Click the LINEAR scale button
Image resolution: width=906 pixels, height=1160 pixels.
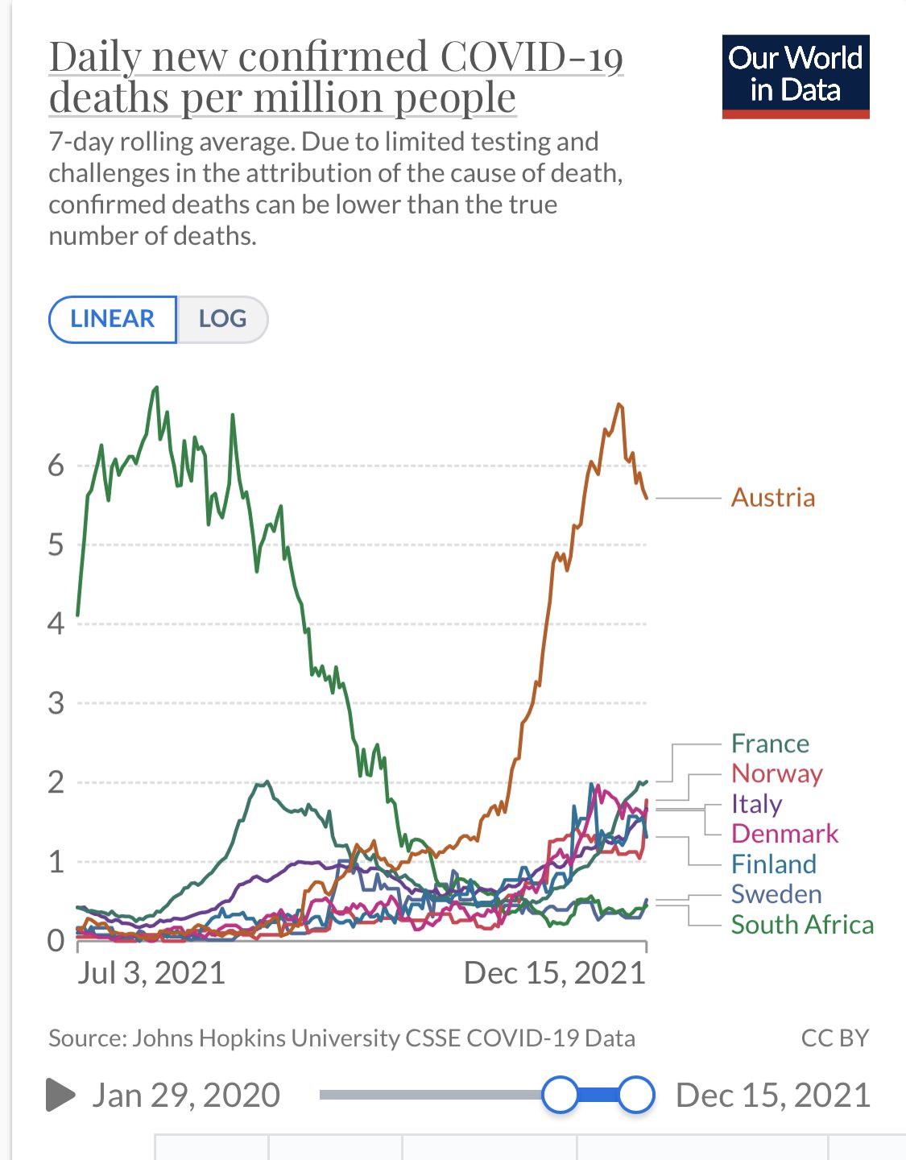[113, 319]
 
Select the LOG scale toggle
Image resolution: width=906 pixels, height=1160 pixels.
[222, 319]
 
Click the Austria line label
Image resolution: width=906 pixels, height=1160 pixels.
[772, 498]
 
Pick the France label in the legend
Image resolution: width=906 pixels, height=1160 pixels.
[770, 743]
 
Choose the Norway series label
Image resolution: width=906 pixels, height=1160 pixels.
[776, 773]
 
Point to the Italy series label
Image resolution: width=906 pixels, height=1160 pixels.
[756, 803]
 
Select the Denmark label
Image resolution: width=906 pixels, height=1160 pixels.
[784, 834]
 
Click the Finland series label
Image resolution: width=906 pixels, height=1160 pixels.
[773, 864]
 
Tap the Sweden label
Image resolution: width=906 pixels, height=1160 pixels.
[776, 894]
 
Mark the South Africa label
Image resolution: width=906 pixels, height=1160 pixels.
[802, 925]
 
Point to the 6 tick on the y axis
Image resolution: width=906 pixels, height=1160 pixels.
[56, 465]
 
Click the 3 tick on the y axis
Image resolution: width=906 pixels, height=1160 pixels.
[56, 703]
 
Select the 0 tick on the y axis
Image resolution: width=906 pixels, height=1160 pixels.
[56, 940]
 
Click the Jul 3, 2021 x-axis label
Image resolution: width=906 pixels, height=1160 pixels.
[151, 973]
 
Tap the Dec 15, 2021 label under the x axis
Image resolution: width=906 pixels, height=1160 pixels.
[554, 973]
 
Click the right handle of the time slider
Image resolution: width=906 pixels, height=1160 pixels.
[636, 1095]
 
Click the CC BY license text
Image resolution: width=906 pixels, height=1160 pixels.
[834, 1038]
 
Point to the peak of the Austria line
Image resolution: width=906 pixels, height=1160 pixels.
[618, 404]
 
